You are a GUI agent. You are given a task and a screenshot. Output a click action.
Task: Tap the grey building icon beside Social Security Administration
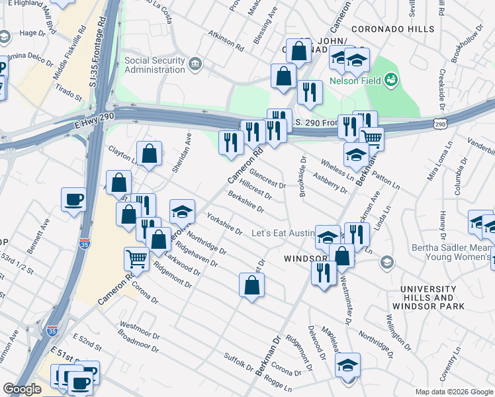click(x=195, y=64)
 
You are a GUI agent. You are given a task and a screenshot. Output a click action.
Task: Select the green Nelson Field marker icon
click(x=391, y=80)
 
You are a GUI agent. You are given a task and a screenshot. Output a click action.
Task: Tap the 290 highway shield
click(x=440, y=124)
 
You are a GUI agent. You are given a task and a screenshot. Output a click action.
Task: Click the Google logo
click(x=22, y=389)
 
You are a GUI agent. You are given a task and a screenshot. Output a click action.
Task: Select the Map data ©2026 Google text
click(x=454, y=392)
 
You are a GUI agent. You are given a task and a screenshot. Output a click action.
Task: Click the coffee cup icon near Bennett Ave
click(x=73, y=198)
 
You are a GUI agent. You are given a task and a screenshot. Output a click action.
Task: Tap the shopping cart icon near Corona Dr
click(x=136, y=259)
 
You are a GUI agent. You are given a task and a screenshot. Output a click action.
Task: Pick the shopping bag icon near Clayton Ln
click(x=150, y=154)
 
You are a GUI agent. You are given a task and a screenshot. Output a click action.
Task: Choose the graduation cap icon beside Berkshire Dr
click(x=182, y=211)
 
